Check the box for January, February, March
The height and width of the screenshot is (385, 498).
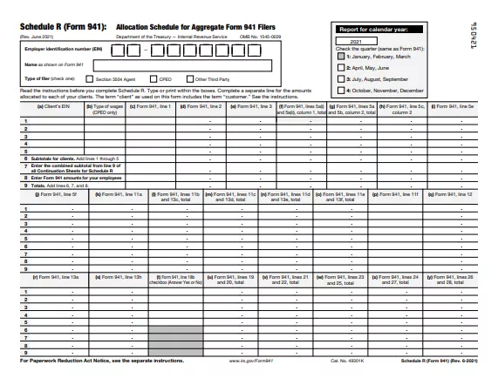click(x=341, y=56)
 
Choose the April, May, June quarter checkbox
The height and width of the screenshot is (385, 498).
click(x=341, y=67)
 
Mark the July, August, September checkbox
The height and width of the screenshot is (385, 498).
click(x=341, y=78)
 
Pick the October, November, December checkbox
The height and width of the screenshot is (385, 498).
click(x=341, y=90)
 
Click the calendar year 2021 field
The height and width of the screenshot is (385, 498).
click(x=355, y=41)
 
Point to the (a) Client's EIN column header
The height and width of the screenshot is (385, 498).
click(x=49, y=106)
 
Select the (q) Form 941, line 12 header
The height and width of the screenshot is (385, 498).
click(x=452, y=194)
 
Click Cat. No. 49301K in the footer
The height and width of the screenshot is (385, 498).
click(x=346, y=360)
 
